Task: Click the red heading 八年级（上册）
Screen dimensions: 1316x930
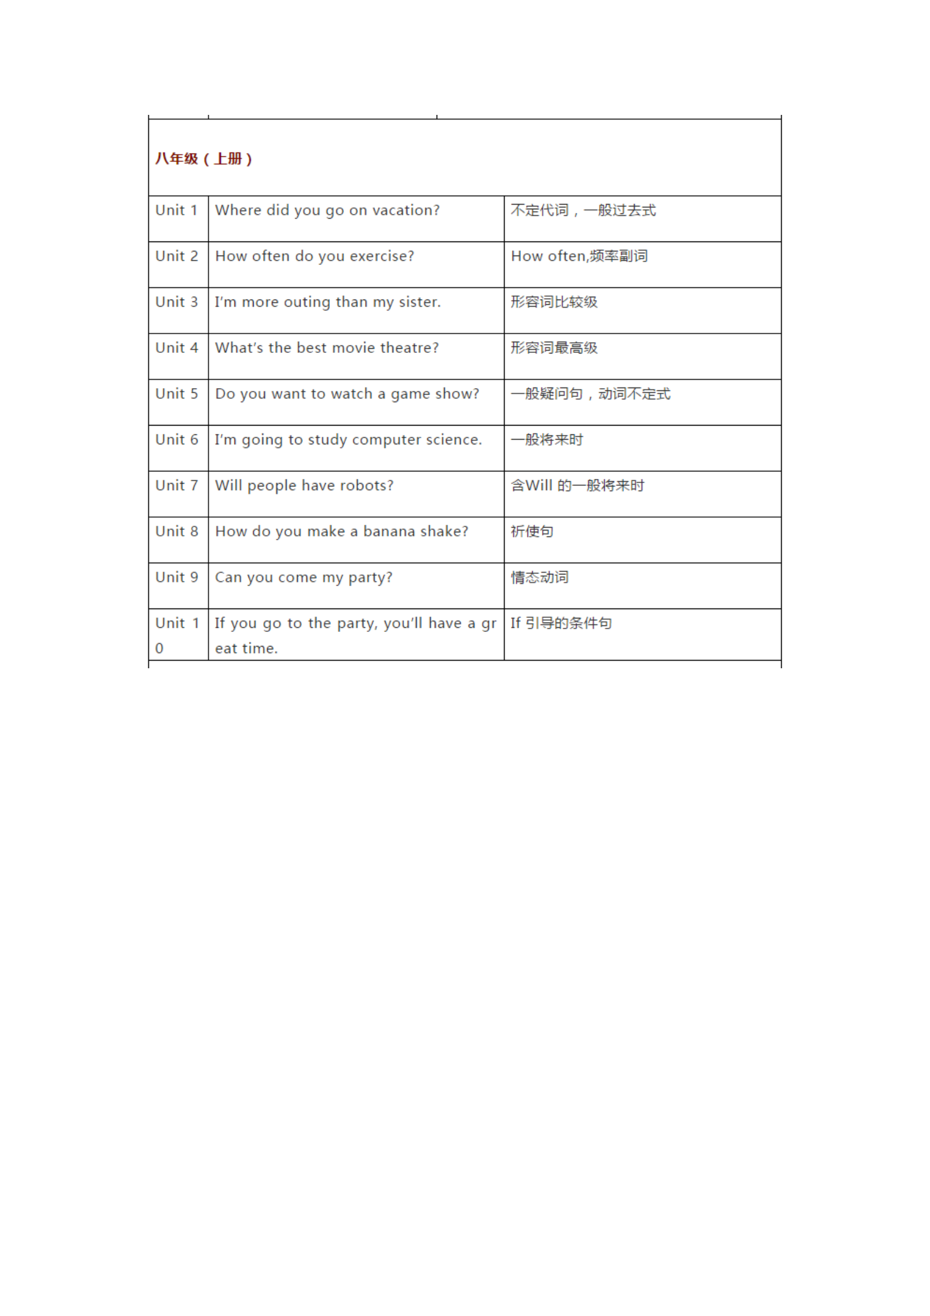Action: tap(203, 159)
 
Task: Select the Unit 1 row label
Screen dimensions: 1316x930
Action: tap(176, 210)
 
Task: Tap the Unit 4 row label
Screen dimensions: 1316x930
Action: tap(176, 348)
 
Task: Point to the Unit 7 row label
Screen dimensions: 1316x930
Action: tap(176, 486)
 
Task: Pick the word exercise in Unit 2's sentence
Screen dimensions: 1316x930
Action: tap(381, 257)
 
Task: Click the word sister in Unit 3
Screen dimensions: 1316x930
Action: tap(419, 302)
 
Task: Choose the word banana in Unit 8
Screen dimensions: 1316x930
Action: tap(389, 532)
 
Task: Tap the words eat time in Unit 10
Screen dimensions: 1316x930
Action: tap(246, 649)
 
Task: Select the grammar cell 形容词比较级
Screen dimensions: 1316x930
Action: tap(554, 302)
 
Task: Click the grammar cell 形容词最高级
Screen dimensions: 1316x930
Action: tap(554, 348)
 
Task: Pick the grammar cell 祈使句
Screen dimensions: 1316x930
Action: tap(532, 532)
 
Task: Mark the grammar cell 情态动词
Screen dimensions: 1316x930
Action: tap(539, 577)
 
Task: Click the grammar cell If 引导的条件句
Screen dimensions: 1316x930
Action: tap(561, 624)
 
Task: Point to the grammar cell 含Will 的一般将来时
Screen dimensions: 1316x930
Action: tap(577, 486)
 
